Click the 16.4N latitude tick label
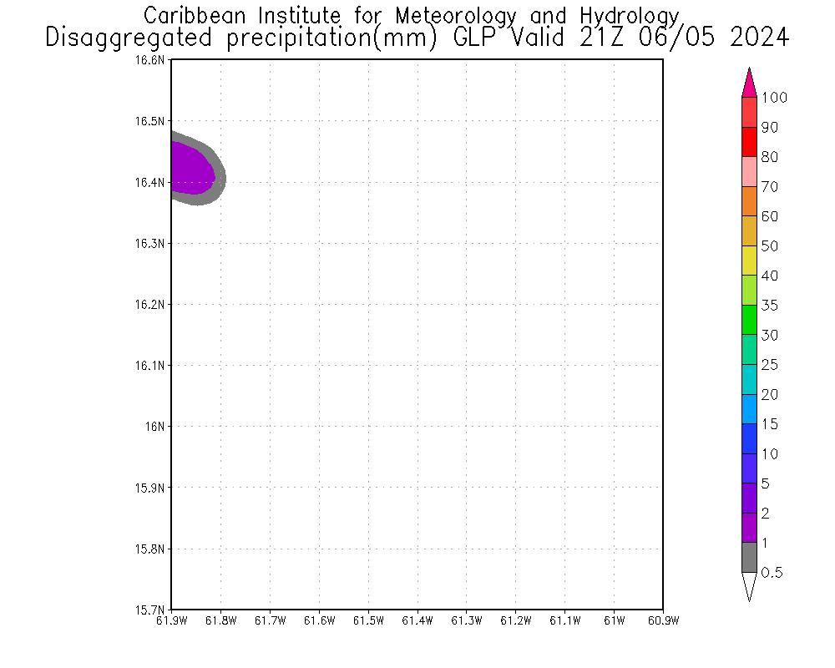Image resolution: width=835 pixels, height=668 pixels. [151, 182]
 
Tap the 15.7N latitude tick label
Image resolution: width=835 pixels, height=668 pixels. [151, 610]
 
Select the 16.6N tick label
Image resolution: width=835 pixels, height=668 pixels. [151, 60]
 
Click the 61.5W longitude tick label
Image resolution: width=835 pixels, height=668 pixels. [368, 620]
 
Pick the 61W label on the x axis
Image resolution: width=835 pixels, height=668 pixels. [614, 620]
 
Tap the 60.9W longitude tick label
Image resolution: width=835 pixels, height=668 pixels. [663, 620]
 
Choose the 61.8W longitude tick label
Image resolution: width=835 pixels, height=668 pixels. [220, 620]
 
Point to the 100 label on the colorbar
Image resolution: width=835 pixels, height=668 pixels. [774, 98]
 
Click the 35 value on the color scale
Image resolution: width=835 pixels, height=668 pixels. [769, 306]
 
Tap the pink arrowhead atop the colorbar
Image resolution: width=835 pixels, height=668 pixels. [749, 83]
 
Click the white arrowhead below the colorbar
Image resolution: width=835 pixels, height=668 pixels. [749, 586]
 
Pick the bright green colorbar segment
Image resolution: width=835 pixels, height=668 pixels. [749, 320]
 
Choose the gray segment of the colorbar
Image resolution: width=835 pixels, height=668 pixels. [749, 557]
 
